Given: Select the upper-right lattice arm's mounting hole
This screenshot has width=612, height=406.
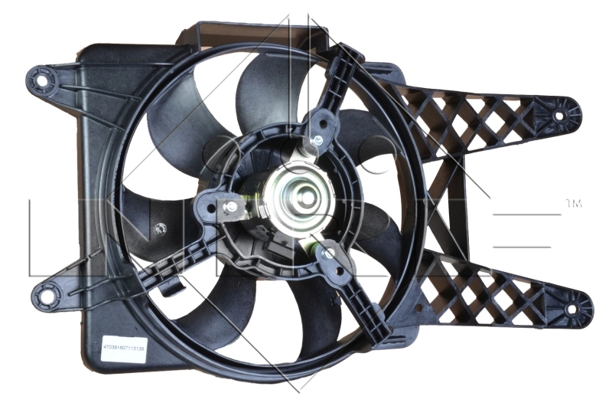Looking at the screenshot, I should [x=558, y=116].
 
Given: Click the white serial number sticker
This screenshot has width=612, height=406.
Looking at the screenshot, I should [x=128, y=346].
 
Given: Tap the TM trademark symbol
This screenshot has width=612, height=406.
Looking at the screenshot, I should [x=573, y=204].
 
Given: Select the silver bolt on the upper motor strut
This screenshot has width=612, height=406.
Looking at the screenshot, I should [x=314, y=141].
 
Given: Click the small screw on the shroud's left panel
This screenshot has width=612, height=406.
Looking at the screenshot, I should [x=160, y=228].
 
